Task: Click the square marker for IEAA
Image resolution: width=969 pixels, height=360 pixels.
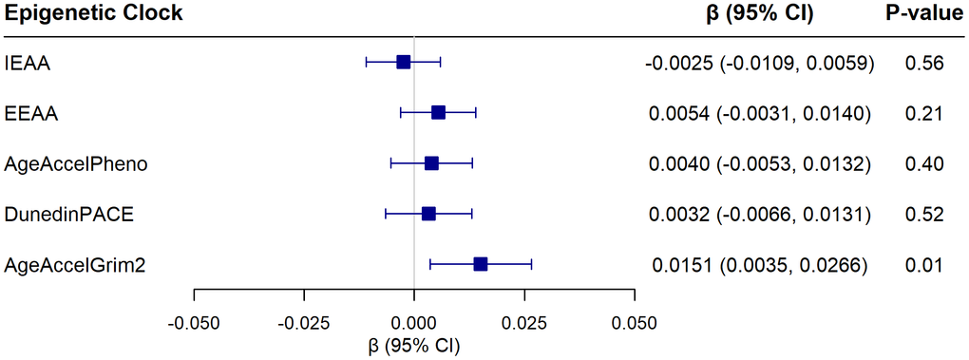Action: (403, 62)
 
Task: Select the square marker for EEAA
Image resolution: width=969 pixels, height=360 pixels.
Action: (438, 113)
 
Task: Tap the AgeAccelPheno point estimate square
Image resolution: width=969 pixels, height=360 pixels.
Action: (431, 163)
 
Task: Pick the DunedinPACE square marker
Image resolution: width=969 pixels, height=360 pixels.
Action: (428, 214)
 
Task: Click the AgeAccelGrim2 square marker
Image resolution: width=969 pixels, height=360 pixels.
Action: (480, 264)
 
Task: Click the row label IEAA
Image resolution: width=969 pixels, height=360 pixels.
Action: (28, 64)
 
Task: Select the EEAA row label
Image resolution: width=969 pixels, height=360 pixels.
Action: (31, 114)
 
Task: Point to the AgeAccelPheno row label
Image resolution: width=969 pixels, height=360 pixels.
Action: (75, 164)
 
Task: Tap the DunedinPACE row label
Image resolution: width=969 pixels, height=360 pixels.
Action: (68, 215)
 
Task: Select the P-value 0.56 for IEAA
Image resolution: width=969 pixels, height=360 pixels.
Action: (925, 64)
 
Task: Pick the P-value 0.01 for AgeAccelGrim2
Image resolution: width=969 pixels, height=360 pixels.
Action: (925, 265)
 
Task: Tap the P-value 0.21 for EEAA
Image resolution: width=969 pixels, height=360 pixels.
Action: (925, 114)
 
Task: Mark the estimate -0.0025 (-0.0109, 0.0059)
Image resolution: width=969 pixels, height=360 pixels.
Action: (759, 64)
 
